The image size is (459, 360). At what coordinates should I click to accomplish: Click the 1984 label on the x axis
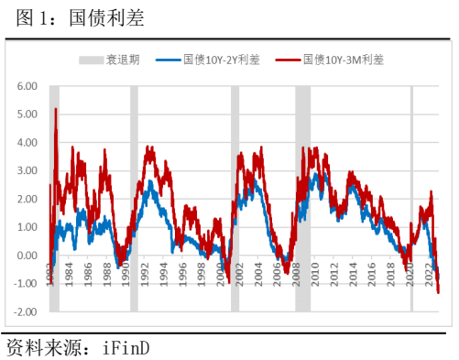63,273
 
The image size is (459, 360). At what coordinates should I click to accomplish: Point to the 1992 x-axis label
144,273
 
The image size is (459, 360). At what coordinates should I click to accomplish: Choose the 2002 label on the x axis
244,273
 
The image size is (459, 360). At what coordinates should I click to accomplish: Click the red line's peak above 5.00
56,109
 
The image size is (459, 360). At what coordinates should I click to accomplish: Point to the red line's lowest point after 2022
438,292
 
